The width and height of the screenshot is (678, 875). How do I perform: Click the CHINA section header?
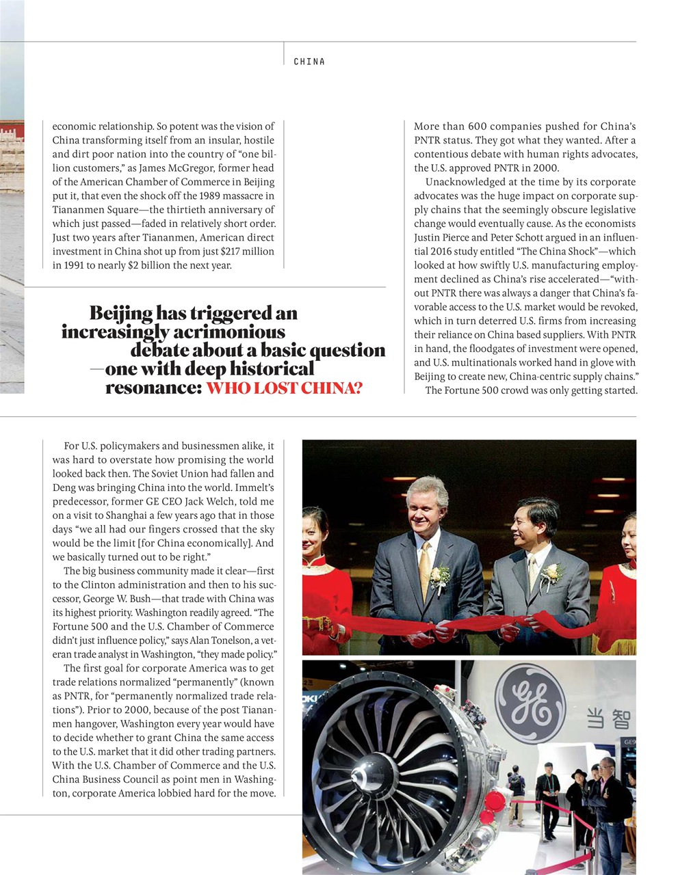tap(309, 62)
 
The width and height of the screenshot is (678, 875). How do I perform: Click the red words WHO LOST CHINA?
tap(284, 388)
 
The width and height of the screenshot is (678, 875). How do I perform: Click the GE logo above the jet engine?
tap(530, 703)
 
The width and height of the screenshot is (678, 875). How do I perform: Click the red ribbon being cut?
tap(479, 623)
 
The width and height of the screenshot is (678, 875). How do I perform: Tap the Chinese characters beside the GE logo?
tap(608, 719)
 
